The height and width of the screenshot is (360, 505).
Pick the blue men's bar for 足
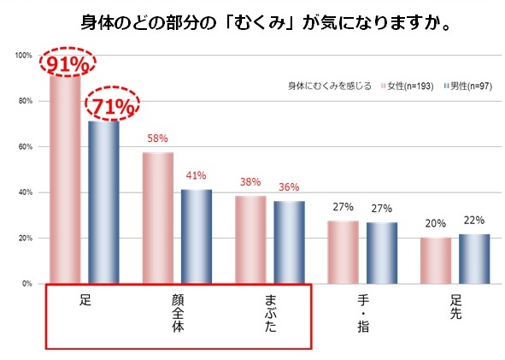tap(104, 202)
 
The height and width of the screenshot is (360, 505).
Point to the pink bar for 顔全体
tap(158, 218)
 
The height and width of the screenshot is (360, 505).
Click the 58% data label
tap(157, 138)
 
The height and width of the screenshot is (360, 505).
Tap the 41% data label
tap(196, 176)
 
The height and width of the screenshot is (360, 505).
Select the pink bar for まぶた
tap(251, 239)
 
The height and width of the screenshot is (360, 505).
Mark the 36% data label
tap(289, 187)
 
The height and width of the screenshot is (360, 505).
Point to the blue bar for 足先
tap(474, 258)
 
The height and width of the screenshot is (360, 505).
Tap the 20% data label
tap(437, 223)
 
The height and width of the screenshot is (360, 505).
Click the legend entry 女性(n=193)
tap(410, 86)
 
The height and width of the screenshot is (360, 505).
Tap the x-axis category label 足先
tap(455, 307)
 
